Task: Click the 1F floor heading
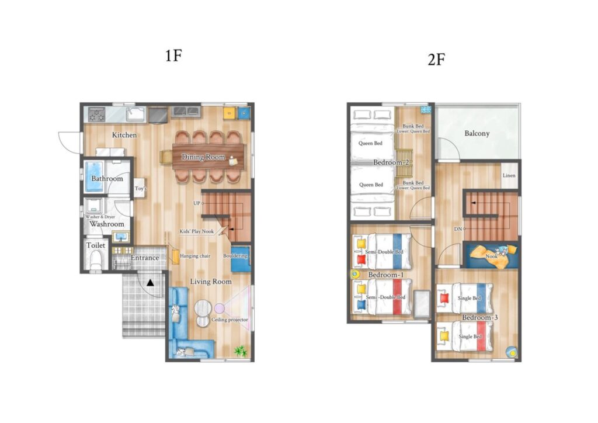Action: tap(173, 56)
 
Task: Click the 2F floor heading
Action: tap(437, 60)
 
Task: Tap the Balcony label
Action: tap(477, 133)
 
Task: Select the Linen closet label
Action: tap(509, 175)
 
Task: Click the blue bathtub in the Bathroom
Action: tap(94, 176)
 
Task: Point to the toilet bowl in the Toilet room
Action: tap(96, 261)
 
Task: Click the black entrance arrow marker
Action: tap(151, 283)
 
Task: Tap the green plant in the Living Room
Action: tap(240, 351)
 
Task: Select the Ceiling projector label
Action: tap(230, 320)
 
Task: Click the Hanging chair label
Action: tap(195, 256)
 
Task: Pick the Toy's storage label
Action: tap(140, 189)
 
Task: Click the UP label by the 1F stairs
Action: tap(196, 203)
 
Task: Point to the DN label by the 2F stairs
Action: tap(458, 229)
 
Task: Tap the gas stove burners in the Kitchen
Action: tap(96, 114)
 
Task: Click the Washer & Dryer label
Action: tap(100, 217)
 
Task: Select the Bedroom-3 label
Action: tap(480, 317)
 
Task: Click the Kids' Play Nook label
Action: tap(196, 231)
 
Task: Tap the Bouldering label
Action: tap(235, 256)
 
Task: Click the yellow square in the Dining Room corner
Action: tap(228, 113)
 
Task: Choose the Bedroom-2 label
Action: tap(391, 162)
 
